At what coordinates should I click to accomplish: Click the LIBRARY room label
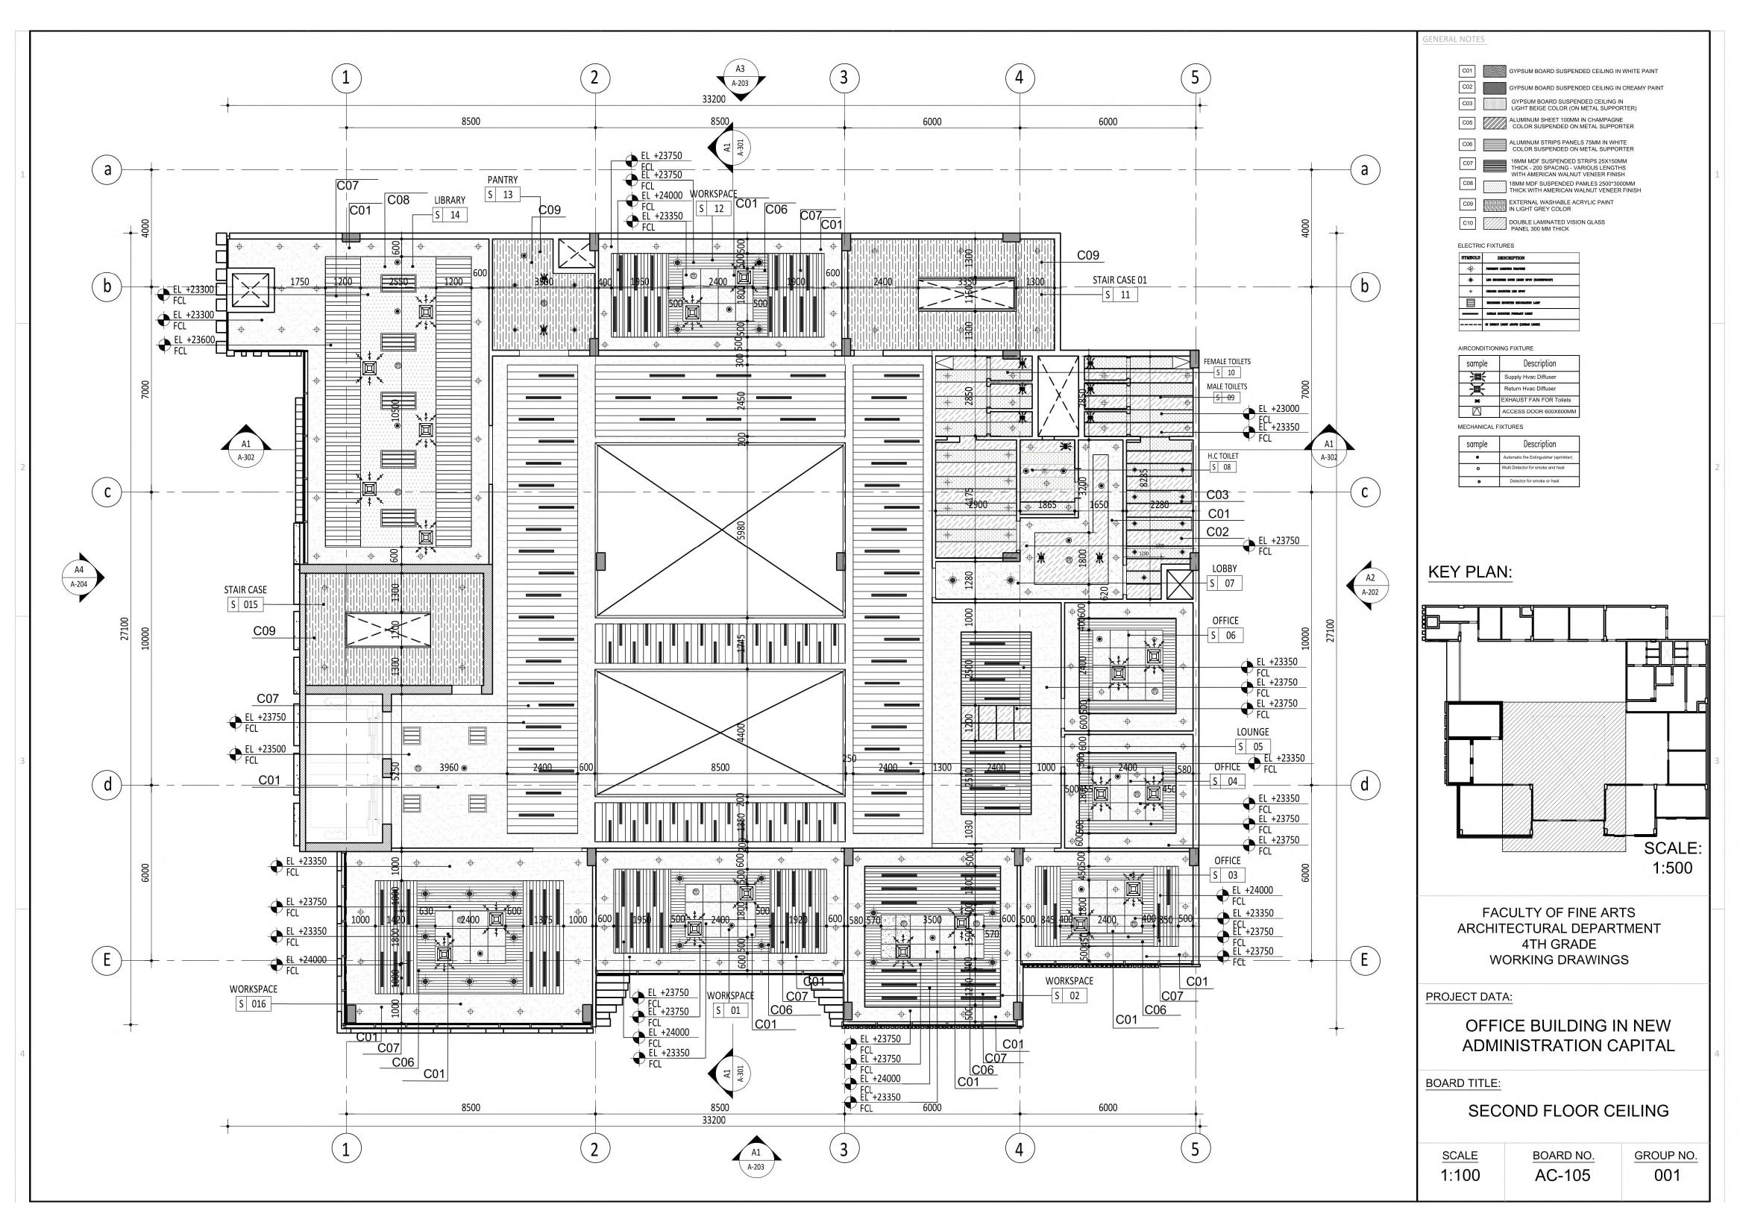pyautogui.click(x=450, y=201)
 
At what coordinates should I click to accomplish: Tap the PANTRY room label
pyautogui.click(x=503, y=181)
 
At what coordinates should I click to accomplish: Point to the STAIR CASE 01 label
pyautogui.click(x=1119, y=281)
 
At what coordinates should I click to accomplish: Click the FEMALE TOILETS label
pyautogui.click(x=1227, y=362)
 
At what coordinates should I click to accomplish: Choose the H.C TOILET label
pyautogui.click(x=1223, y=457)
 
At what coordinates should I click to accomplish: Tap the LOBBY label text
pyautogui.click(x=1224, y=568)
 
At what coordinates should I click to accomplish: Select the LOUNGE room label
pyautogui.click(x=1253, y=732)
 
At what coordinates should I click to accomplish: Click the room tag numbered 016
pyautogui.click(x=253, y=1003)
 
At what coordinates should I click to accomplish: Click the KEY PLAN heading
pyautogui.click(x=1469, y=573)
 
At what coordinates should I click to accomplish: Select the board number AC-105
pyautogui.click(x=1562, y=1176)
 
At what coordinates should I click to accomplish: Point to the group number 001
pyautogui.click(x=1667, y=1176)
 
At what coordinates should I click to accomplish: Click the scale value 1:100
pyautogui.click(x=1460, y=1176)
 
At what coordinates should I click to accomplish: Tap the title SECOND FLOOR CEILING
pyautogui.click(x=1568, y=1111)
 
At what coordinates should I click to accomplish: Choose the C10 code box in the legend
pyautogui.click(x=1467, y=224)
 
